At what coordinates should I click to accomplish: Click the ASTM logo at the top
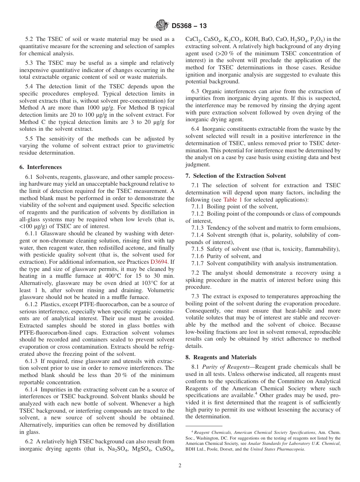(x=162, y=26)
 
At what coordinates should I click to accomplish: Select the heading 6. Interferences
(x=41, y=167)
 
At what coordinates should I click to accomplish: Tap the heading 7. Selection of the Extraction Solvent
(x=236, y=176)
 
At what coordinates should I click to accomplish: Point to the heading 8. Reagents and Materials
(x=221, y=357)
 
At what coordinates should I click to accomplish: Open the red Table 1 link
(x=233, y=200)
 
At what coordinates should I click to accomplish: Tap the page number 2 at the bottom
(x=180, y=466)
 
